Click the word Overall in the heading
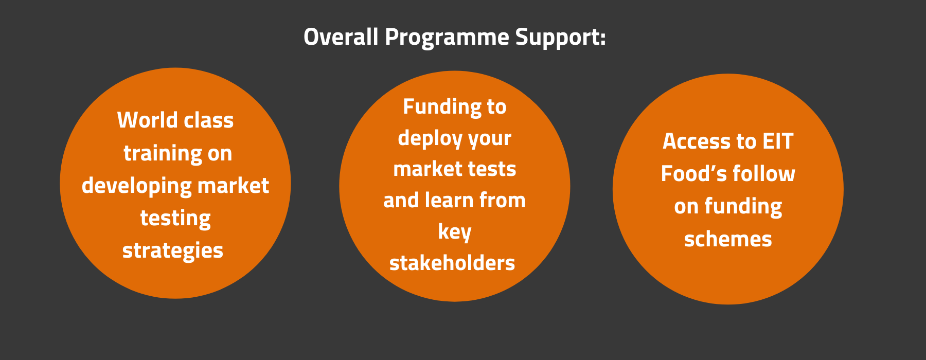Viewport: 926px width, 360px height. [x=341, y=37]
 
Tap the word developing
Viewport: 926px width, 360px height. [x=136, y=186]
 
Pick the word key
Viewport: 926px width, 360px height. [x=455, y=232]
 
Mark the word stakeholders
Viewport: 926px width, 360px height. [x=452, y=263]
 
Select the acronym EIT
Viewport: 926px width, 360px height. [x=778, y=141]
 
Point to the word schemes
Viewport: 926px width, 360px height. [x=728, y=239]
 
